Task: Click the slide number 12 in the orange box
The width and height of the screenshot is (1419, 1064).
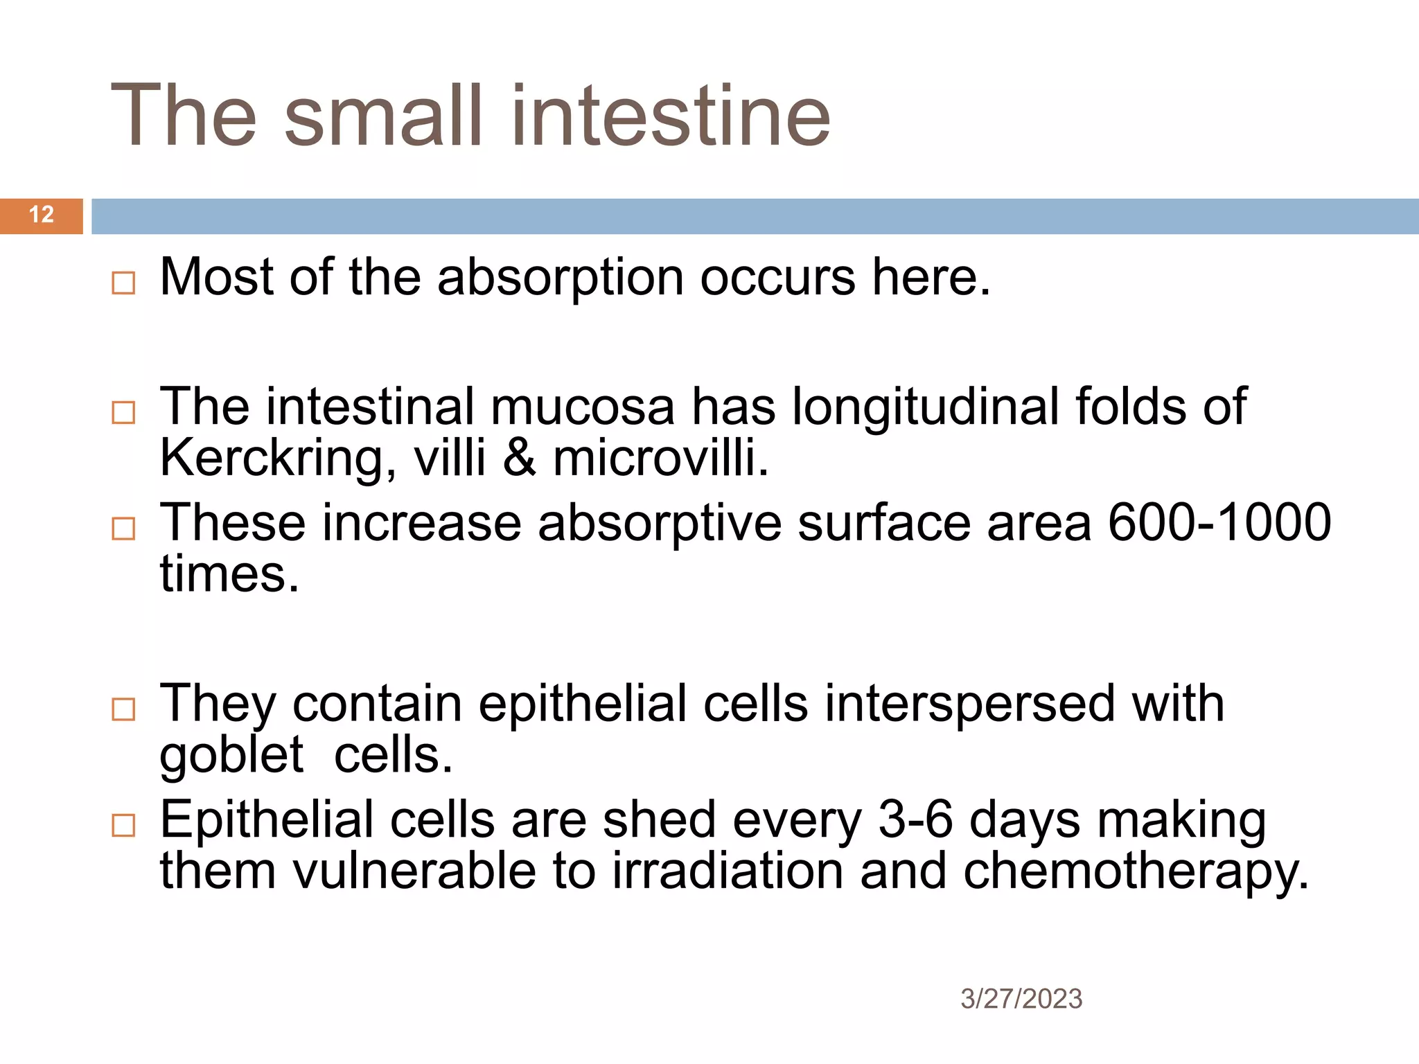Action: click(42, 215)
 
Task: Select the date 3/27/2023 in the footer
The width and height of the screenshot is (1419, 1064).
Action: click(1021, 999)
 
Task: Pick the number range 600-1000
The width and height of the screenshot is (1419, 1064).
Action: click(1219, 523)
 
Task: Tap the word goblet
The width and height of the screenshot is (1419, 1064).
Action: click(231, 755)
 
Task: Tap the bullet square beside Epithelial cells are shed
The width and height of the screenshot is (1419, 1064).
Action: click(123, 825)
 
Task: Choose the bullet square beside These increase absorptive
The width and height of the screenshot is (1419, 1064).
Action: click(123, 529)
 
